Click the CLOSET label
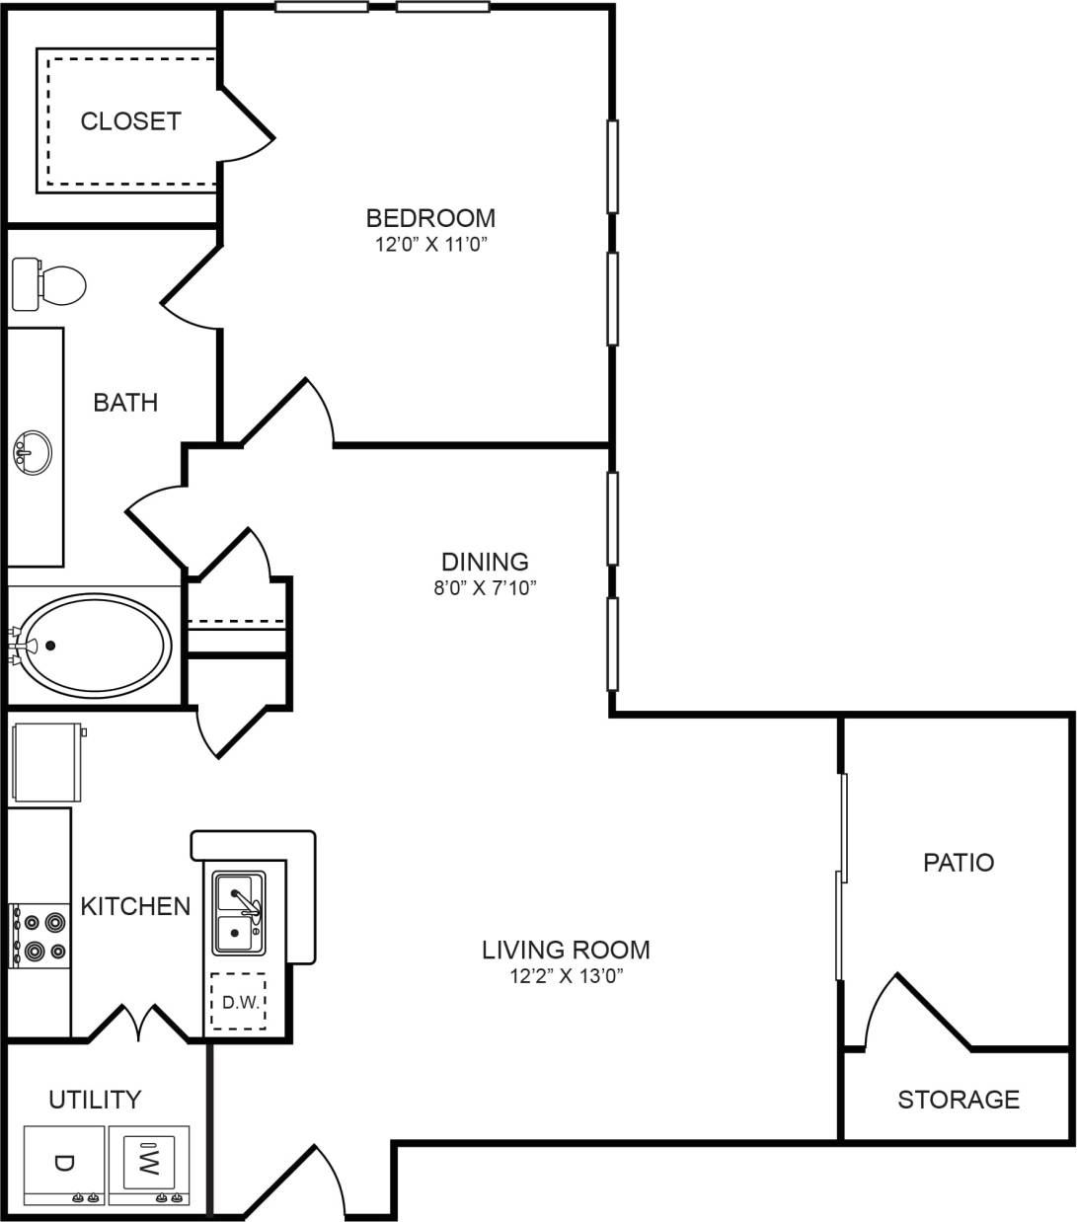[130, 121]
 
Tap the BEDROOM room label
[430, 217]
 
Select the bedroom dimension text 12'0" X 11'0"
[430, 244]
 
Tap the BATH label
[125, 402]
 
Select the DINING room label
[485, 562]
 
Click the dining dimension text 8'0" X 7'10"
[485, 588]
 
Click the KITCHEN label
[135, 906]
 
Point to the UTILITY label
[95, 1099]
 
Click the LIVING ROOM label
[566, 950]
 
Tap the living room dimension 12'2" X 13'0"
[566, 976]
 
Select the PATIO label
[958, 862]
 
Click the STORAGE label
[958, 1099]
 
